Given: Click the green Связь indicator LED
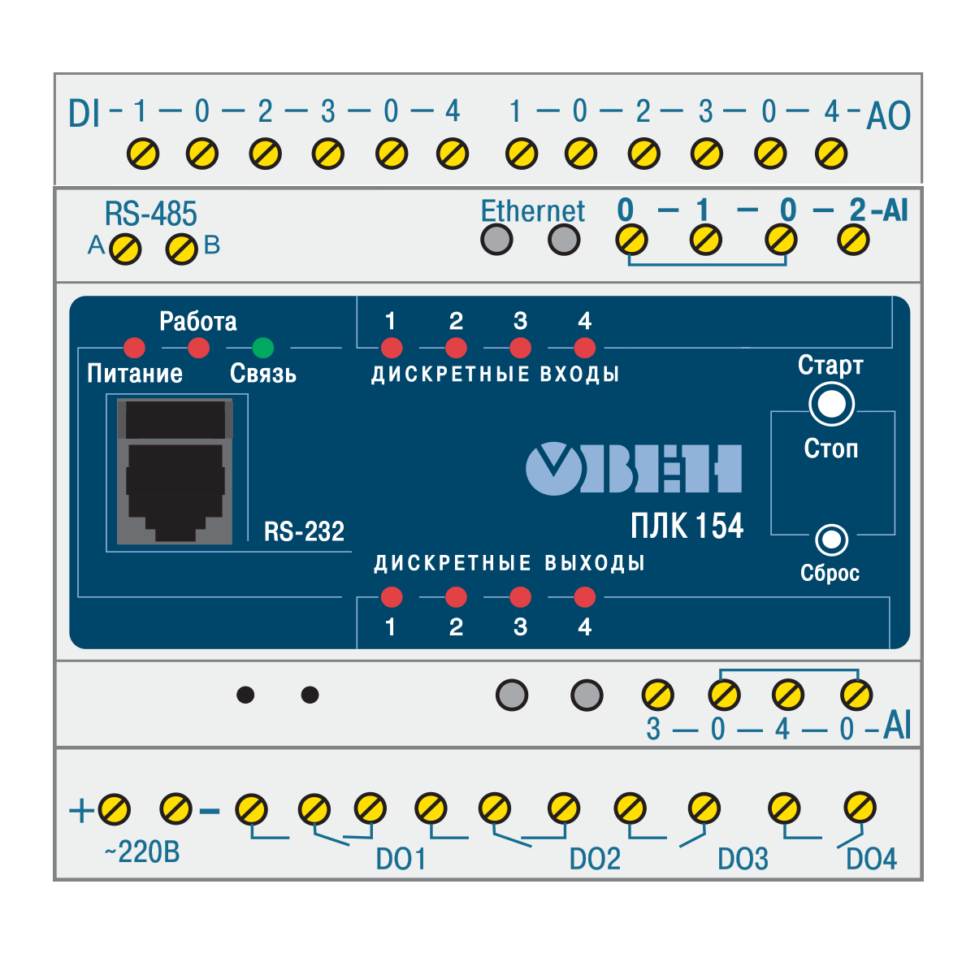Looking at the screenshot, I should point(262,348).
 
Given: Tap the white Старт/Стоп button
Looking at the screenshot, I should point(831,404).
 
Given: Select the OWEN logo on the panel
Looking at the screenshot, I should point(634,469).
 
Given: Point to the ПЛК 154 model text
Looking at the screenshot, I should point(687,526).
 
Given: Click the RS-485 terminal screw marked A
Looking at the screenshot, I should point(124,249).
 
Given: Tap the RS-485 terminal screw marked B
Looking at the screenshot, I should point(181,249).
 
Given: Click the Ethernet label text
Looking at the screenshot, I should point(532,211).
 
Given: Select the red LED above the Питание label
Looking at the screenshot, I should point(134,348).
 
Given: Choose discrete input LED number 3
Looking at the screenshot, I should point(520,348).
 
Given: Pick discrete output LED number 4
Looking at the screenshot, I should point(584,597).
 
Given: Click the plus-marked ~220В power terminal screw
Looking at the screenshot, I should point(114,808).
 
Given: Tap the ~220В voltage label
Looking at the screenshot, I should point(142,852).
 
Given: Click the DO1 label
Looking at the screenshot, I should point(401,859).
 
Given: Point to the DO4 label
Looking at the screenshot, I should point(871,859).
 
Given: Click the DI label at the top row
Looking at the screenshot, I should point(84,115).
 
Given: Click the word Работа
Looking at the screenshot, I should point(197,322).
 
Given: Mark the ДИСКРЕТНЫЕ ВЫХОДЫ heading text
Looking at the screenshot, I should point(509,563).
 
